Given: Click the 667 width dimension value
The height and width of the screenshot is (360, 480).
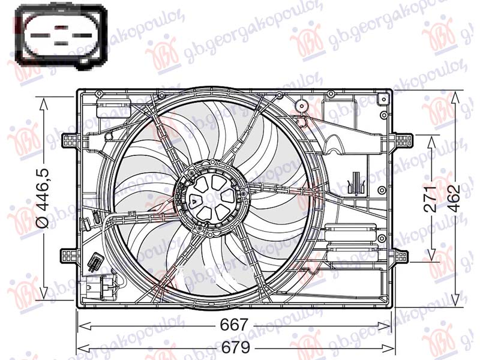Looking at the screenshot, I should [x=234, y=325].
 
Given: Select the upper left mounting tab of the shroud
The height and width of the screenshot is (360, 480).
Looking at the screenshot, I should [x=71, y=140].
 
